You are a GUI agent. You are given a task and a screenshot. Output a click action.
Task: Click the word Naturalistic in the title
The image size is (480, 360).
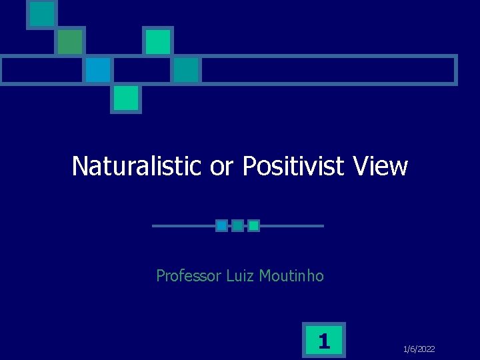pos(136,166)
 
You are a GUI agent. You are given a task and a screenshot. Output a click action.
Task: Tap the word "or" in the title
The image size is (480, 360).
pos(222,166)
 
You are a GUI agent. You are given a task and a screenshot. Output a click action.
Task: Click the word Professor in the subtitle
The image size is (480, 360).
pos(189,275)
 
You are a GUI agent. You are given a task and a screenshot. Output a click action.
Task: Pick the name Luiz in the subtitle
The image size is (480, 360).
pos(241,275)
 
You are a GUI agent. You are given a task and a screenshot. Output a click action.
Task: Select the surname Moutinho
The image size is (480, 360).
pos(292,275)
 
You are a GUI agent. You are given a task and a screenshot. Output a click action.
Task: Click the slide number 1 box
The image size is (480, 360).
pos(324,341)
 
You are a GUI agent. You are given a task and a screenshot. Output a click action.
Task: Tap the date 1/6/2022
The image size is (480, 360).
pos(419,349)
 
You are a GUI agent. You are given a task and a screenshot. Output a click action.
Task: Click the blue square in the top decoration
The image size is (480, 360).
pos(98,69)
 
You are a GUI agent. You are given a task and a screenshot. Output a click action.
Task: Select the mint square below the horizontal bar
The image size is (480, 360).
pos(126,98)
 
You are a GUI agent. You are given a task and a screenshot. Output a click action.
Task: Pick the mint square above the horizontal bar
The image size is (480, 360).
pos(158,41)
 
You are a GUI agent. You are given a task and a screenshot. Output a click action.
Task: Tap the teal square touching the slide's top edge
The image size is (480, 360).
pos(42,13)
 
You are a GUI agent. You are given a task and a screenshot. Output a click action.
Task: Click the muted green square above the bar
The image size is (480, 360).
pos(69,41)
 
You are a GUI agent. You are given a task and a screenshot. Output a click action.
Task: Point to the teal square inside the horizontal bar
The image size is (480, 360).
pos(187,69)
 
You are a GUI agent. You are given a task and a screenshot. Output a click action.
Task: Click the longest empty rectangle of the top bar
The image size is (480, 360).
pos(328,69)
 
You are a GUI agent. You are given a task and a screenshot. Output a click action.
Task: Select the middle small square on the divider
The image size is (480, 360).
pos(237,226)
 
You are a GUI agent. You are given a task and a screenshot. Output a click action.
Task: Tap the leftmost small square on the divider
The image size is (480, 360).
pos(221,226)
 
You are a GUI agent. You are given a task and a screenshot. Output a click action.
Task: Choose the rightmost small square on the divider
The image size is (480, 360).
pos(253,226)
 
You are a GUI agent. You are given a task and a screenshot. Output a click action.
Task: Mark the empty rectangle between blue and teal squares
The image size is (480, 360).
pos(142,69)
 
